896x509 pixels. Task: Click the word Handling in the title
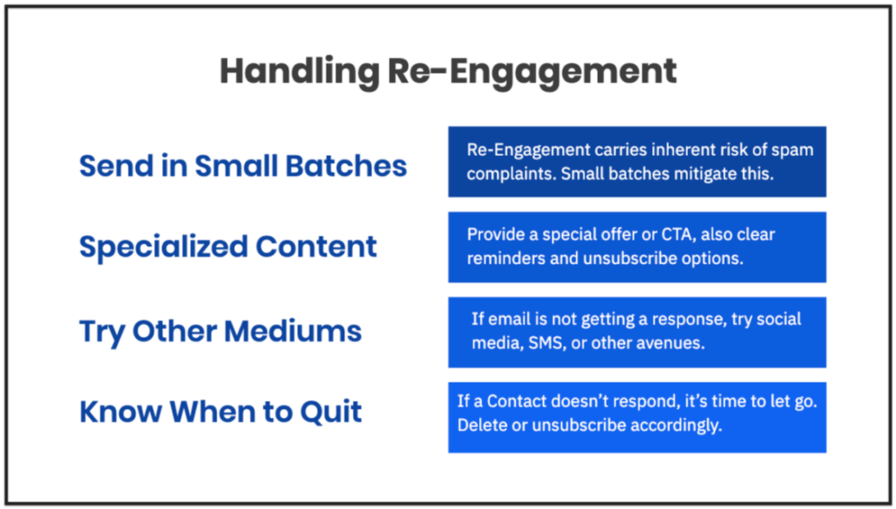(x=300, y=73)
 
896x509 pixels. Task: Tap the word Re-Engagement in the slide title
(x=533, y=73)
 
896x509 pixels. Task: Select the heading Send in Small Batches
(x=243, y=166)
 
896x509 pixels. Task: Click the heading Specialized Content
(x=228, y=248)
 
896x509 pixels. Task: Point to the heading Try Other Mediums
(x=221, y=332)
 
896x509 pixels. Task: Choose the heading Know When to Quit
(x=221, y=412)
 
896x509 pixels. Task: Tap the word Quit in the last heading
(x=331, y=412)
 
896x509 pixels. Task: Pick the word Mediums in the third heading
(x=293, y=331)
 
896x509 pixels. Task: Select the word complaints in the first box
(x=511, y=174)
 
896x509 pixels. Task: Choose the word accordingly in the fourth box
(x=676, y=426)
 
